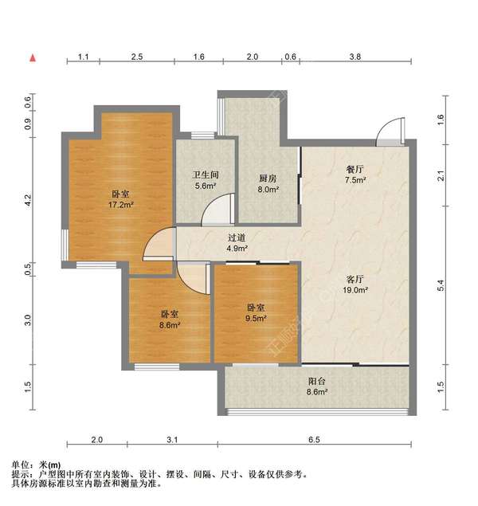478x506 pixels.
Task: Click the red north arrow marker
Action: pos(33,58)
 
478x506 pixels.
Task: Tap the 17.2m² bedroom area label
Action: pos(121,199)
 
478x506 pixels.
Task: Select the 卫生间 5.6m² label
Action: pos(206,180)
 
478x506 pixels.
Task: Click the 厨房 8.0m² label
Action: pos(268,183)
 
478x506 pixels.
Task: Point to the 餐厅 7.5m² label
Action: pos(355,175)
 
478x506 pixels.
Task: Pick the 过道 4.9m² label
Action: pos(237,243)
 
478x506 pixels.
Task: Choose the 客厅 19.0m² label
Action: pos(355,284)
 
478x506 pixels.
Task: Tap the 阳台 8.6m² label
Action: pos(317,386)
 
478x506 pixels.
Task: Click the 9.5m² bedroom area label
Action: pos(256,313)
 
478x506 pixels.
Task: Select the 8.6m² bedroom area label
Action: pos(170,320)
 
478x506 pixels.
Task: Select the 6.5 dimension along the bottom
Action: pos(314,440)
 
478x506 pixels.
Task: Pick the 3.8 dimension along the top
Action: pos(355,57)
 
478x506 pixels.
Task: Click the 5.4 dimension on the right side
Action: pos(441,285)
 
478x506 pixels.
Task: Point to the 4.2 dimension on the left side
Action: pos(28,200)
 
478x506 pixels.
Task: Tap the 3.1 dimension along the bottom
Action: pos(173,440)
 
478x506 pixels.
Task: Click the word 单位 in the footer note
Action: pos(20,465)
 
